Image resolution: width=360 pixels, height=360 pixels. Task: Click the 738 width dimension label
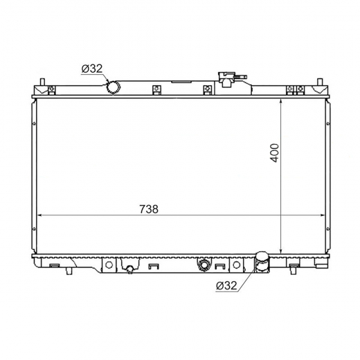coord(149,209)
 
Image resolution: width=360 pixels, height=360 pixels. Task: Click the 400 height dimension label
coord(275,153)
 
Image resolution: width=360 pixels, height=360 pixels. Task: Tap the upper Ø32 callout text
coord(92,69)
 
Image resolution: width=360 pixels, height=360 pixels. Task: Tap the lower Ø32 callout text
coord(226,286)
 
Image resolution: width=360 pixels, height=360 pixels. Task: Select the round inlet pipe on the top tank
coord(114,87)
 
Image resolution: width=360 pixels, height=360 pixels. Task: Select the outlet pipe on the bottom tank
coord(262,262)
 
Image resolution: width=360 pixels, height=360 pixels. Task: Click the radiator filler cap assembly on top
coord(231,79)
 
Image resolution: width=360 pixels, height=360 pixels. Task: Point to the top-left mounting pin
coord(42,82)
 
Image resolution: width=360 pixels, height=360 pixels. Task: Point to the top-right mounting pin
coord(319,82)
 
